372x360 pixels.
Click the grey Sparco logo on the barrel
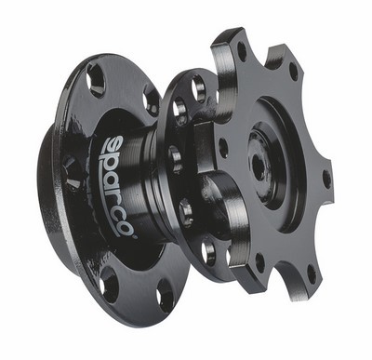[120, 186]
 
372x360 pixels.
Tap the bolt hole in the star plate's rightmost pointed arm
[326, 179]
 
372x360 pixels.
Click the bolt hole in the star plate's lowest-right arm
[312, 274]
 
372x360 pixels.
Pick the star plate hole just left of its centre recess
[223, 148]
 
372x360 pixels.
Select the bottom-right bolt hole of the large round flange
[166, 295]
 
